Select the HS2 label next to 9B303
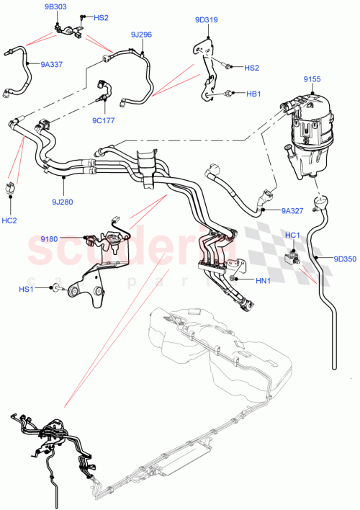[100, 17]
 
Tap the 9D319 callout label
[205, 19]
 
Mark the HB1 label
[253, 94]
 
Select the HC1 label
[293, 235]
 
